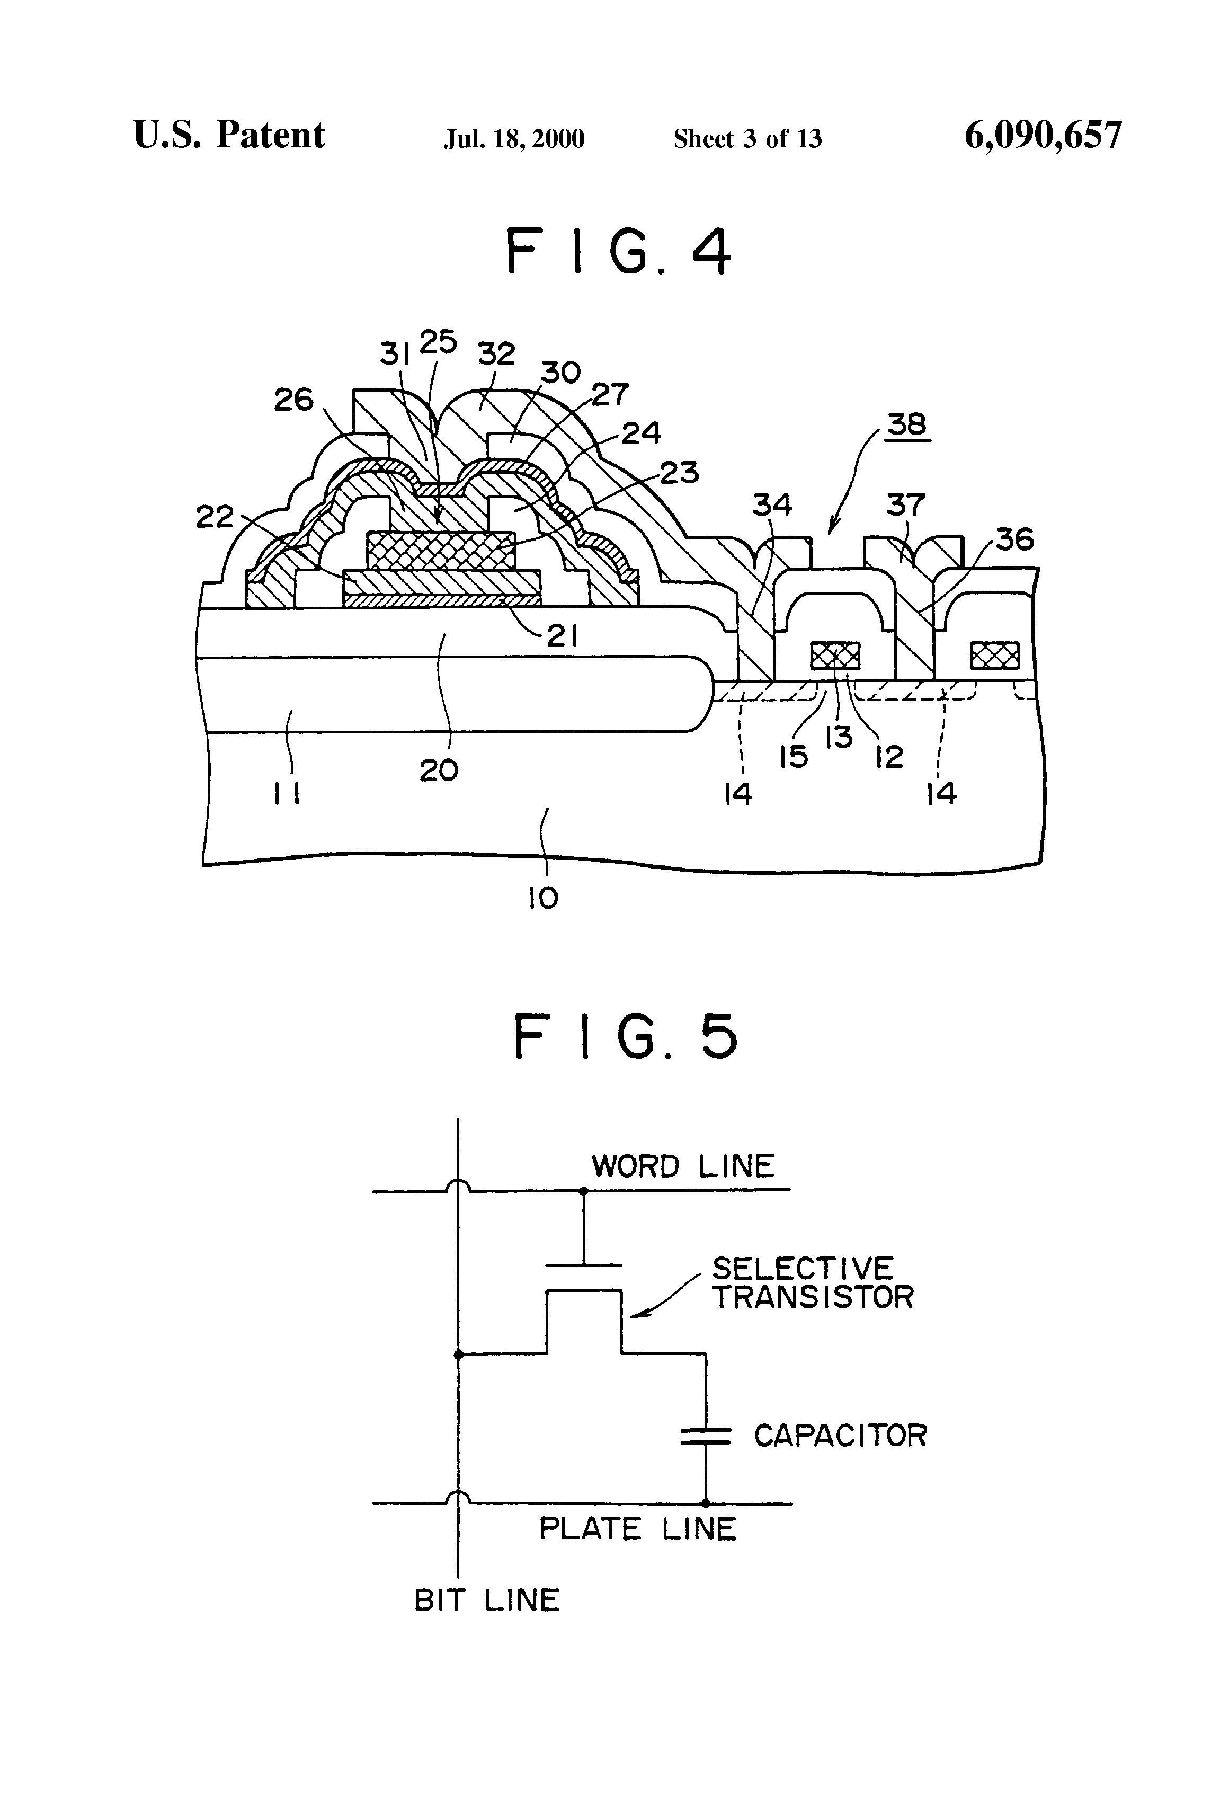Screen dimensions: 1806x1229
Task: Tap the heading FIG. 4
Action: pyautogui.click(x=618, y=251)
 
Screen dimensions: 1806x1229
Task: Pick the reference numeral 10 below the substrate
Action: pyautogui.click(x=543, y=898)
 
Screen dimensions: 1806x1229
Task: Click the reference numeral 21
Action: pyautogui.click(x=562, y=636)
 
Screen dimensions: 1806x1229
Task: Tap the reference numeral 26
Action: pyautogui.click(x=293, y=400)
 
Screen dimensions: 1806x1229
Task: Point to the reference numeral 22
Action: pyautogui.click(x=215, y=517)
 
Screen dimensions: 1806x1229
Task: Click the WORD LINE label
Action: pyautogui.click(x=683, y=1166)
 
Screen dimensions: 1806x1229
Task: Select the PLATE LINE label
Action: pyautogui.click(x=637, y=1529)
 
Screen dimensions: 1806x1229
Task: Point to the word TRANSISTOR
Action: pyautogui.click(x=813, y=1297)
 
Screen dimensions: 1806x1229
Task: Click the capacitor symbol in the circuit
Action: pyautogui.click(x=706, y=1437)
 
